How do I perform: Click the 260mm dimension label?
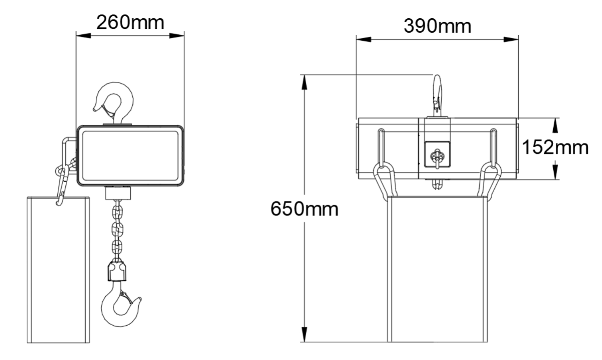click(130, 22)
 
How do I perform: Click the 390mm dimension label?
click(437, 26)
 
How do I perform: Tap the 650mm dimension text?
click(304, 209)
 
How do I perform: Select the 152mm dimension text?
click(555, 147)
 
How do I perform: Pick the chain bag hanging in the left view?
click(58, 270)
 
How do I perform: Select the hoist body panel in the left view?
click(130, 156)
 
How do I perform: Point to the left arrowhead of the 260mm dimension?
click(84, 36)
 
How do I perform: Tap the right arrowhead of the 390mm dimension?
click(511, 39)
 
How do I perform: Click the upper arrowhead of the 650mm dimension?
click(304, 82)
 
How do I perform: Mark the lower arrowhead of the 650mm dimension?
click(304, 335)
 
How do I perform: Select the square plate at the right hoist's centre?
click(437, 155)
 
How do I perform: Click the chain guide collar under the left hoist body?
click(118, 193)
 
